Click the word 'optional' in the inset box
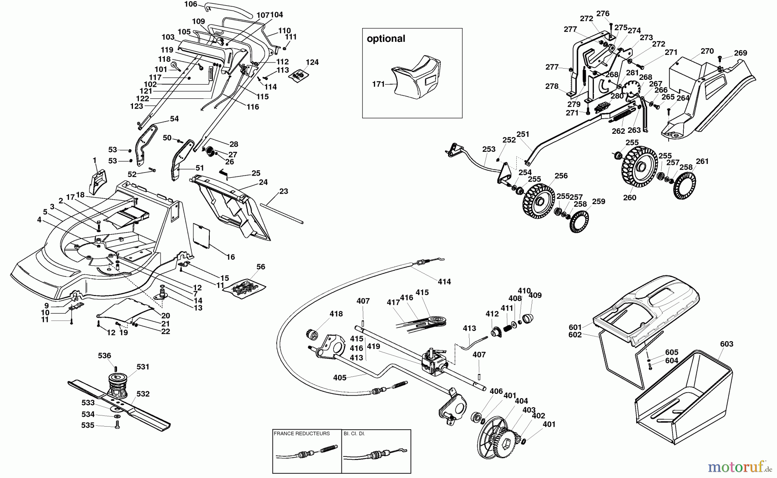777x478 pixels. point(386,39)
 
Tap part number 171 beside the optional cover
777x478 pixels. point(378,84)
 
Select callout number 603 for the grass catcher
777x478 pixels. point(726,344)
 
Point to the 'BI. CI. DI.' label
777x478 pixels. point(354,434)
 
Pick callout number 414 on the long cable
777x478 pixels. point(444,282)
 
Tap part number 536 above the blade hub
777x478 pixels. point(104,356)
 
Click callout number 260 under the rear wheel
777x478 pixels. point(630,198)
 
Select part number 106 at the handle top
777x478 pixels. point(190,4)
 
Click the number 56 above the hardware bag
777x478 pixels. point(261,267)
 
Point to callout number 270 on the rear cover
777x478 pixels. point(707,51)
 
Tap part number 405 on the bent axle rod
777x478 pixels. point(340,378)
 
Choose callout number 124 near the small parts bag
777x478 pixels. point(312,62)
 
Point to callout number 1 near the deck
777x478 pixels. point(95,160)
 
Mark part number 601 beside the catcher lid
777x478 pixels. point(575,327)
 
